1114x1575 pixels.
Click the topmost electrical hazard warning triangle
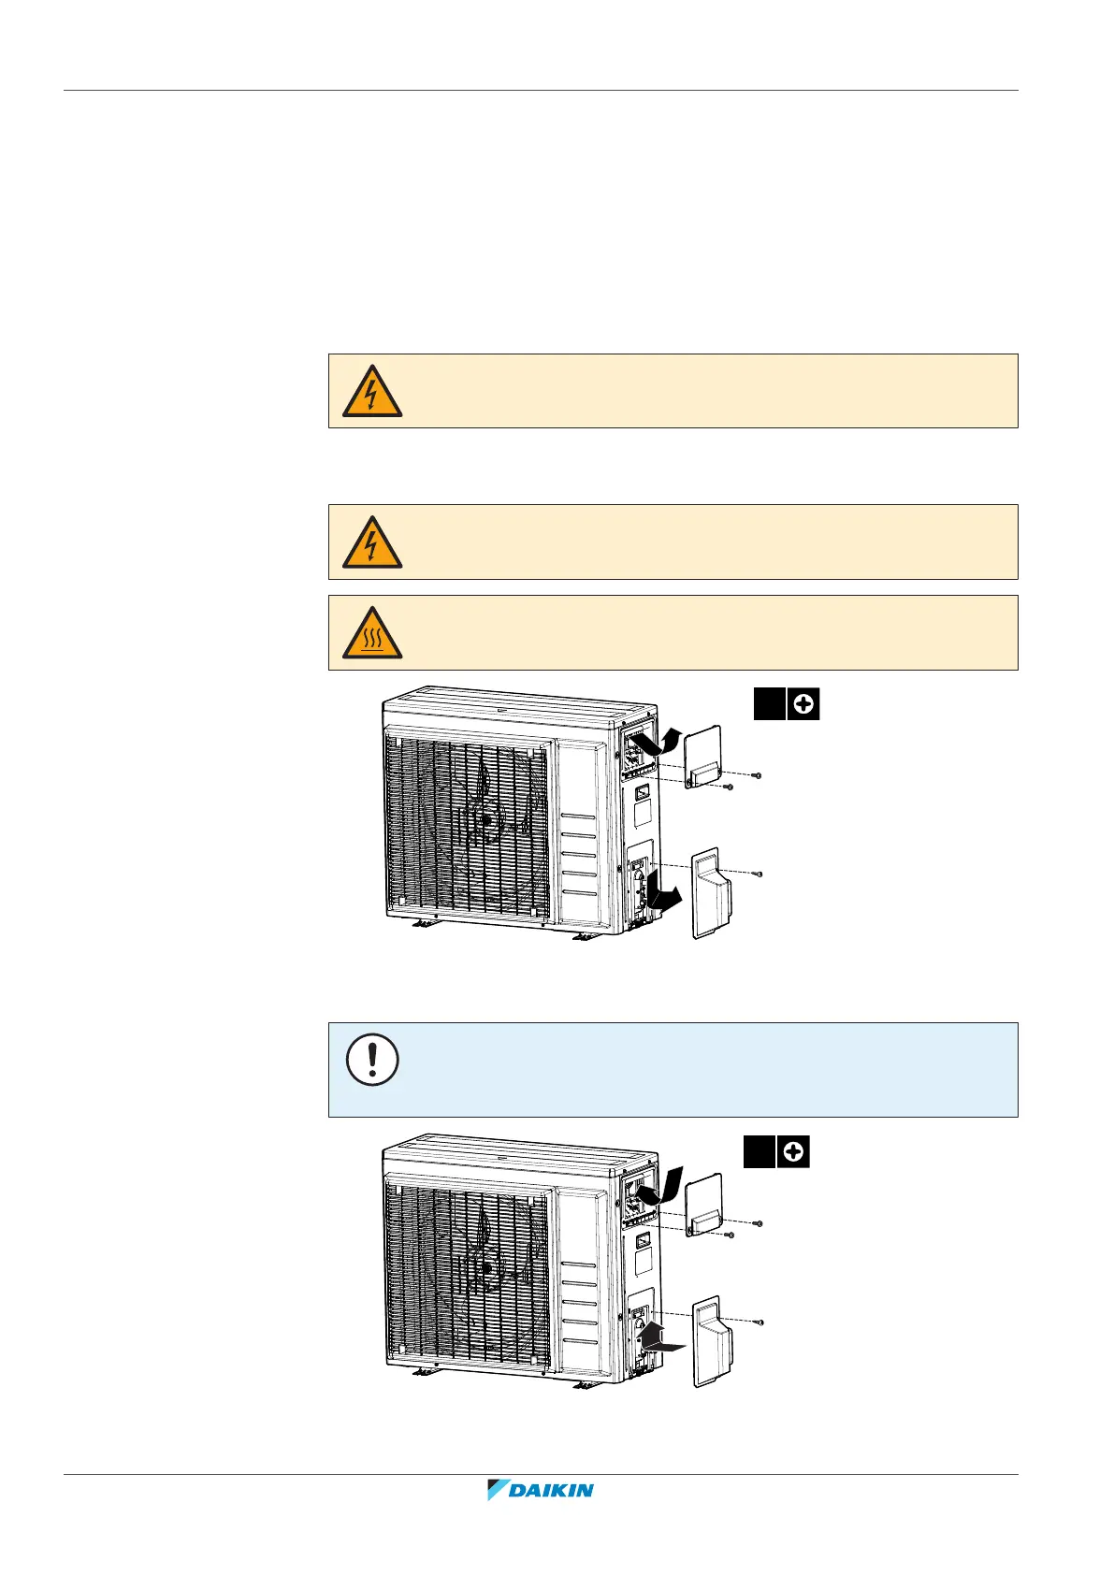(371, 391)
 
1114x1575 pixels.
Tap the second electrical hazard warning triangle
(371, 542)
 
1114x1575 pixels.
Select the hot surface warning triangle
(371, 633)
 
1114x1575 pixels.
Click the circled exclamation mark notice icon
(372, 1060)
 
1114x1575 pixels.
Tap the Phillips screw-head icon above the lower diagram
(793, 1152)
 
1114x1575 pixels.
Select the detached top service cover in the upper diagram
(703, 758)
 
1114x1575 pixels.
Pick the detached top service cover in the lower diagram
(703, 1207)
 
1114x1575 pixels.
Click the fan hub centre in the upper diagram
(486, 819)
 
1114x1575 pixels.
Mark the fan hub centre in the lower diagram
(486, 1268)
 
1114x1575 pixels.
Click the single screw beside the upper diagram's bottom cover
(759, 874)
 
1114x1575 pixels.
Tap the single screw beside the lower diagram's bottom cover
(759, 1322)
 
